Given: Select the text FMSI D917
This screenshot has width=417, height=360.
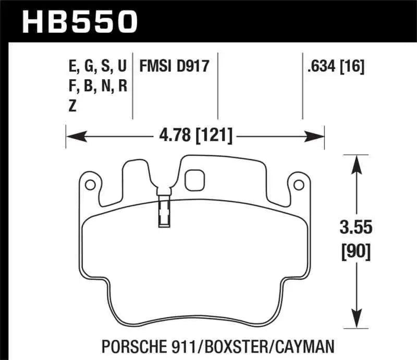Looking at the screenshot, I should point(173,67).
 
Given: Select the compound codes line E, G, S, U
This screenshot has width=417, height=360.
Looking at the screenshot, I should point(97,67).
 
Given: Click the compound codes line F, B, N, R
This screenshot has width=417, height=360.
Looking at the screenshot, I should point(97,86).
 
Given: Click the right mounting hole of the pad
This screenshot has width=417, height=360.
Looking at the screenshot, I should point(299,184).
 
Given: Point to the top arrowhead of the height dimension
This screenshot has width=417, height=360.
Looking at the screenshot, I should point(357,162).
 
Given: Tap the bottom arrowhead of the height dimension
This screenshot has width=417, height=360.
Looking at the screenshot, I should point(357,317).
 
